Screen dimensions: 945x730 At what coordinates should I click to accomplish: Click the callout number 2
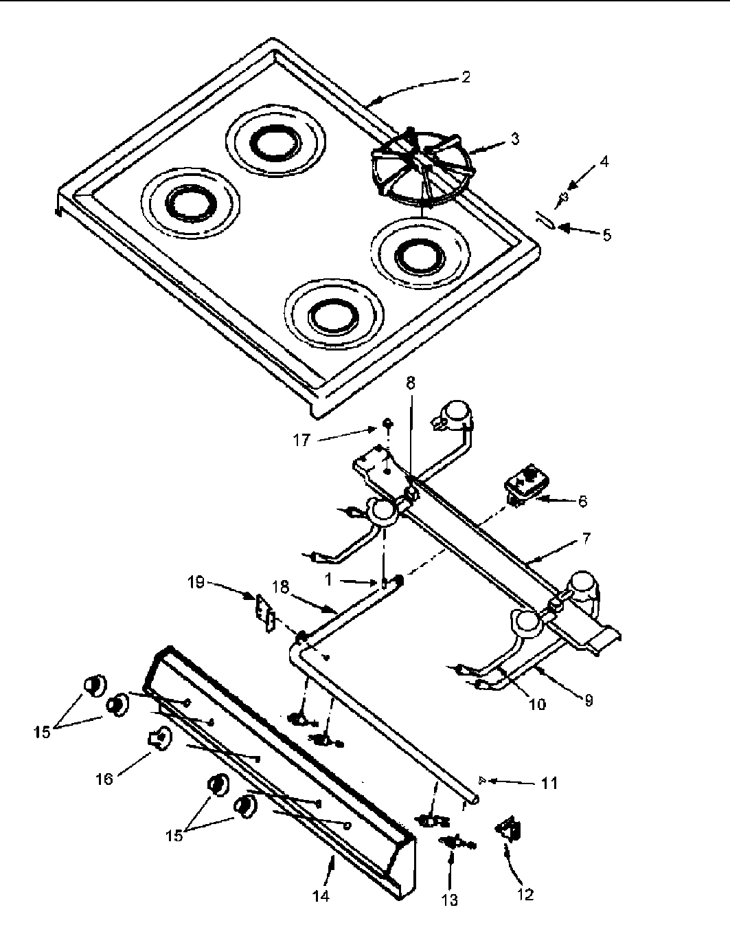tap(466, 77)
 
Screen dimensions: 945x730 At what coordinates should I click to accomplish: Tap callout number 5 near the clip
tap(606, 234)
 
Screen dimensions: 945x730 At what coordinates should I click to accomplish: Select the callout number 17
tap(302, 439)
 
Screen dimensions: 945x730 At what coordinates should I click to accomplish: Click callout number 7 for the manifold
tap(585, 538)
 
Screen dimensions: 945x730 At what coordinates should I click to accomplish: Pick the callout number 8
tap(410, 383)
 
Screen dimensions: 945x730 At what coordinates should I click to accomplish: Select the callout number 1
tap(329, 580)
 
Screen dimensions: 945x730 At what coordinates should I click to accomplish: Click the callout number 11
tap(549, 782)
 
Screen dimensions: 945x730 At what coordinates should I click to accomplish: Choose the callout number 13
tap(449, 900)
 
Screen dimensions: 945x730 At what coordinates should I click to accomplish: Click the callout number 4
tap(604, 163)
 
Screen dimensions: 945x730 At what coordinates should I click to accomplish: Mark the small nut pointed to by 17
tap(387, 422)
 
